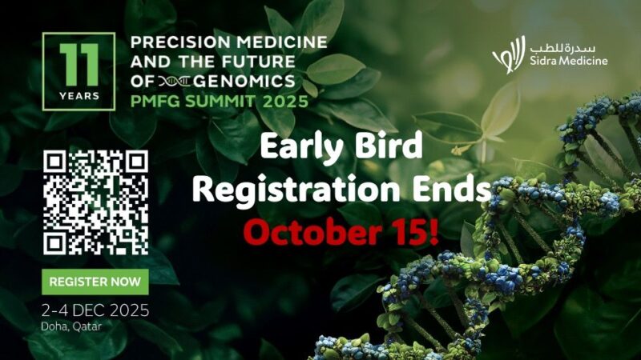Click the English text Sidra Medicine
[568, 62]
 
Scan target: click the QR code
[95, 201]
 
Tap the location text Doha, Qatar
[74, 326]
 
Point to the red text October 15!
[341, 231]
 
